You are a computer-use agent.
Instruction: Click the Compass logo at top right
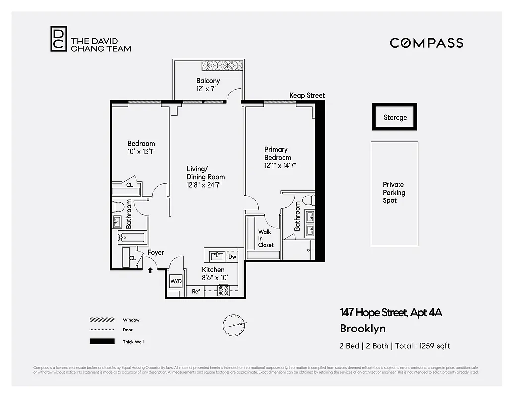pyautogui.click(x=426, y=43)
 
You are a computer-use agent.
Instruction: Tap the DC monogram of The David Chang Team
pyautogui.click(x=57, y=39)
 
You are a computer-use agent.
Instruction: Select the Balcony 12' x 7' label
pyautogui.click(x=208, y=85)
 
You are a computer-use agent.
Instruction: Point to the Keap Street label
pyautogui.click(x=307, y=95)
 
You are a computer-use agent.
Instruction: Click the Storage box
pyautogui.click(x=395, y=117)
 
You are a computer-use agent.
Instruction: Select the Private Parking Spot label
pyautogui.click(x=394, y=193)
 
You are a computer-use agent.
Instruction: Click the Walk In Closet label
pyautogui.click(x=265, y=238)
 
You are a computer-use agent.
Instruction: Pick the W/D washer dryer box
pyautogui.click(x=176, y=281)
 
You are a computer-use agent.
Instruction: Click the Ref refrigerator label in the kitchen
pyautogui.click(x=196, y=291)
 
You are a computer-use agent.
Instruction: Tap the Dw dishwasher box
pyautogui.click(x=232, y=257)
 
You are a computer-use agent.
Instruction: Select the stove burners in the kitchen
pyautogui.click(x=224, y=291)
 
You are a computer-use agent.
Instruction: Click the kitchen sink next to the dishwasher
pyautogui.click(x=216, y=256)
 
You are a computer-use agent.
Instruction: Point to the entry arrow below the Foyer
pyautogui.click(x=151, y=270)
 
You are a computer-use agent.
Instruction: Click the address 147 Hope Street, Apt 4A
pyautogui.click(x=391, y=312)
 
